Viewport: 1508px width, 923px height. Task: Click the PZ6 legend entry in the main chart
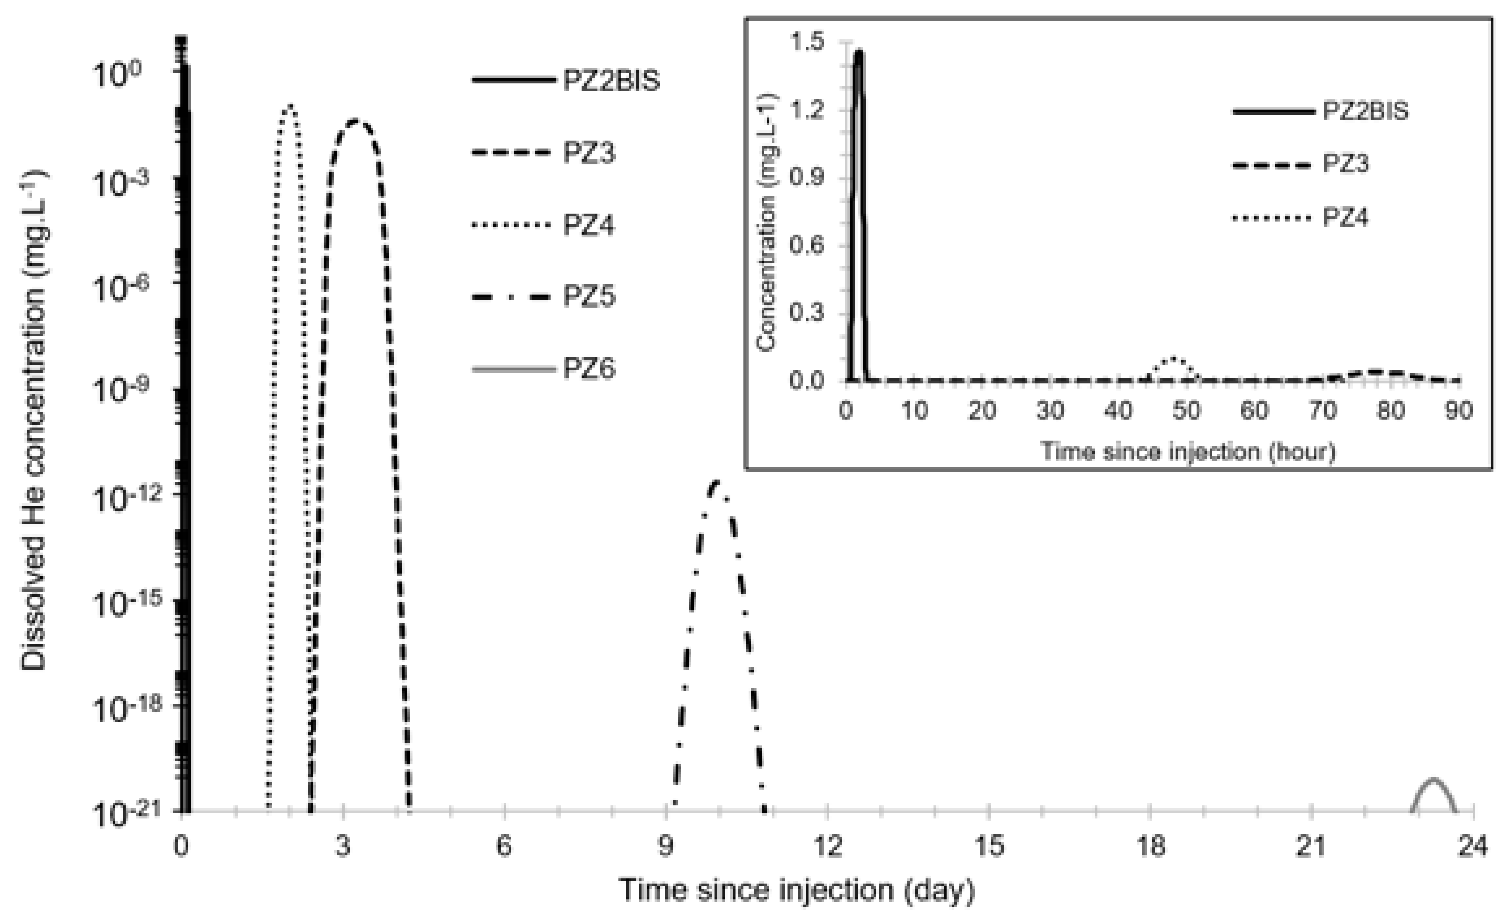click(588, 369)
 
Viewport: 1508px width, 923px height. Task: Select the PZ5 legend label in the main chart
click(588, 296)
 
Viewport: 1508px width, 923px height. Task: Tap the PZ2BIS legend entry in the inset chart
click(1365, 111)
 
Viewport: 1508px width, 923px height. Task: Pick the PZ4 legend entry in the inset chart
click(1345, 217)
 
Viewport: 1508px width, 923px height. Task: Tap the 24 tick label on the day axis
click(1473, 846)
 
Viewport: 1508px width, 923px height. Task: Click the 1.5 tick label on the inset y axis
click(807, 42)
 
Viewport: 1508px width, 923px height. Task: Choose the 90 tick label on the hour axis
click(1458, 411)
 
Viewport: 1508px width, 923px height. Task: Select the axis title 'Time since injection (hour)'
click(1188, 452)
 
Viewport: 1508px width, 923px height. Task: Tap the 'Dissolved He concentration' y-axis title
click(34, 422)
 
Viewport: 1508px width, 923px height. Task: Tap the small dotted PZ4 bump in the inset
click(1173, 358)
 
